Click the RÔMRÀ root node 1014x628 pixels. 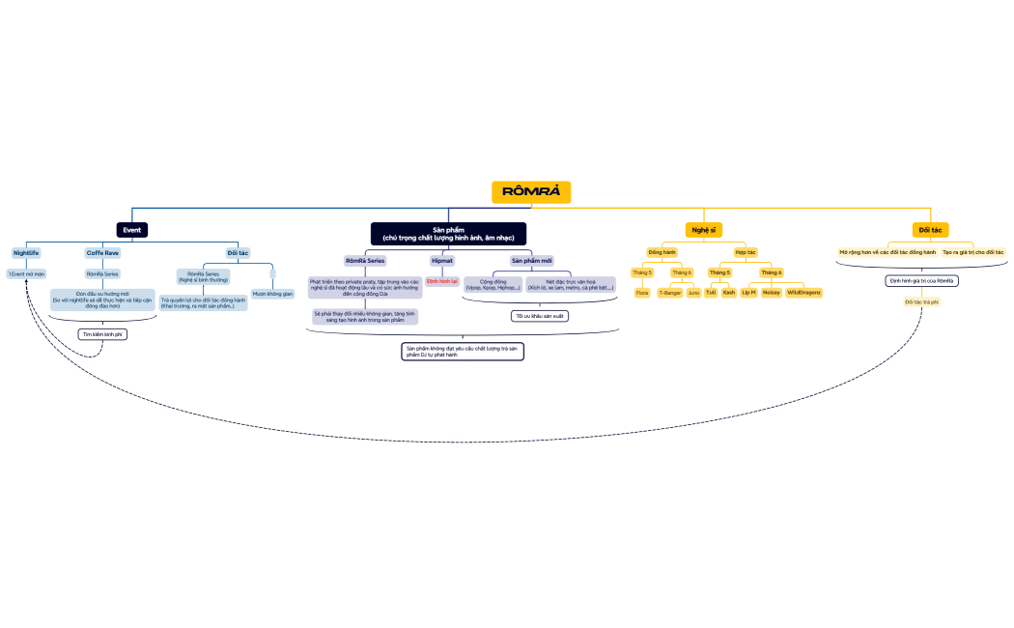coord(531,192)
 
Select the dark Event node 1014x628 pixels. coord(132,230)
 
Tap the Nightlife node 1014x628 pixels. coord(26,253)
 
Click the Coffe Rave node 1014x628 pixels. coord(102,253)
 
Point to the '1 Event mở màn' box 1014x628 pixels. coord(26,273)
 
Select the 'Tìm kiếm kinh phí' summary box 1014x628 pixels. coord(102,334)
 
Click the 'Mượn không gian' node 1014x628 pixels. coord(272,293)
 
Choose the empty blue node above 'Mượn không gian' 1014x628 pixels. coord(272,273)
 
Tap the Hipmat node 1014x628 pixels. coord(442,261)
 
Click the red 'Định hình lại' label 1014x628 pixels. coord(442,281)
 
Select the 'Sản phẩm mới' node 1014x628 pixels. coord(531,261)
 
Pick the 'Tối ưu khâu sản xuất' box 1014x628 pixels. coord(539,316)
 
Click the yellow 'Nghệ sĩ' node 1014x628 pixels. coord(703,230)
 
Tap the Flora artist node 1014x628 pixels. coord(642,292)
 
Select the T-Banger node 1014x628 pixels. coord(670,292)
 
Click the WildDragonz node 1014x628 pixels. coord(803,292)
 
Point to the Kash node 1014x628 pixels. coord(728,292)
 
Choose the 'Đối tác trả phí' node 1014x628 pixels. coord(921,302)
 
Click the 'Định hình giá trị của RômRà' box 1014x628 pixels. coord(921,281)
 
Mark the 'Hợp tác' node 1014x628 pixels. coord(745,252)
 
